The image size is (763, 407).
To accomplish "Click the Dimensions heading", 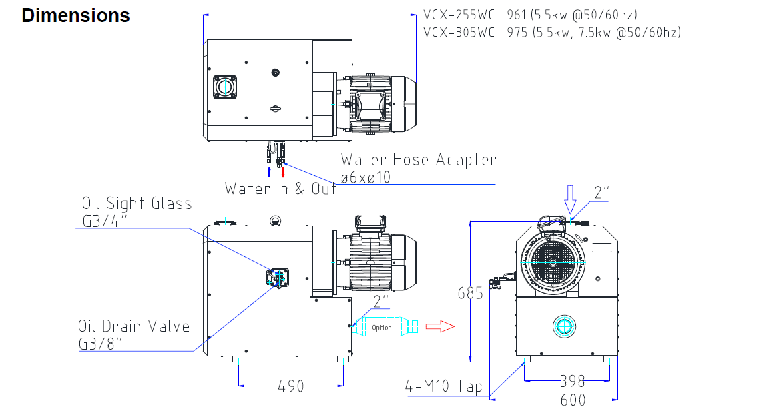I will pos(75,16).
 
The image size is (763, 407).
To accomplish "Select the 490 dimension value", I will pos(290,386).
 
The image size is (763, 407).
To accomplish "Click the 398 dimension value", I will pos(571,381).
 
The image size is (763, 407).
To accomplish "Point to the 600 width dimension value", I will pos(571,399).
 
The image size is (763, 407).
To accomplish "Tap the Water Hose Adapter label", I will pos(419,160).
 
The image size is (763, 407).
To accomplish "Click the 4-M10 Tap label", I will pos(444,386).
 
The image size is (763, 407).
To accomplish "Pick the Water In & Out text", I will pos(280,188).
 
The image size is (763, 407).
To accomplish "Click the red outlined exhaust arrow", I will pos(440,326).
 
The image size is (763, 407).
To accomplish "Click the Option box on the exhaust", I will pos(382,327).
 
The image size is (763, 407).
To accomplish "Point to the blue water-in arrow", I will pos(268,172).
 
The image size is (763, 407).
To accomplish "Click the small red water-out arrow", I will pos(284,172).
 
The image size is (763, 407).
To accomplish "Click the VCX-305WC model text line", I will pos(552,32).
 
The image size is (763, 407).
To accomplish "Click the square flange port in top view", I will pos(225,88).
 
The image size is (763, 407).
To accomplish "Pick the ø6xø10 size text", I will pos(365,177).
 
